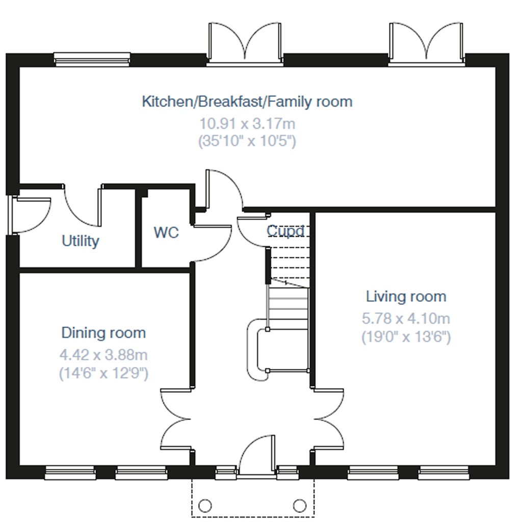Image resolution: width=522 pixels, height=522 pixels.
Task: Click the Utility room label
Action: (x=80, y=241)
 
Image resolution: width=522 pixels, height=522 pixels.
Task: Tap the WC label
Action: (x=166, y=232)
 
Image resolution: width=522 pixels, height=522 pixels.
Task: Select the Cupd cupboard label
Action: (x=285, y=231)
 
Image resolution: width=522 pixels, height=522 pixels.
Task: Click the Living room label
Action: (x=406, y=296)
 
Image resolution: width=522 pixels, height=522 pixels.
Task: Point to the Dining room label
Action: (x=103, y=332)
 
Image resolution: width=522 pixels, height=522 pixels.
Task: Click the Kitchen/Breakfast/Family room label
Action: (x=247, y=101)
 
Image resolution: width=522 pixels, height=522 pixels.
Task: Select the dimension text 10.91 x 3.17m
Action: (x=247, y=123)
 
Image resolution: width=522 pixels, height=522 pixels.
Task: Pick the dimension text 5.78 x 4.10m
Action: (x=406, y=319)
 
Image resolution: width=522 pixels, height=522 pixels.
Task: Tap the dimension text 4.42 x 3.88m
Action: (x=103, y=355)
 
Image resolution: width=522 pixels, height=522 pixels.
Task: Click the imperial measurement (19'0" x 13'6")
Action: (x=406, y=336)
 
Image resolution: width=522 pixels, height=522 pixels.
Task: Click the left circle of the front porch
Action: (x=205, y=506)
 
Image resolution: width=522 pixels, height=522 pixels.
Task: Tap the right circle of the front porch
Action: (x=300, y=506)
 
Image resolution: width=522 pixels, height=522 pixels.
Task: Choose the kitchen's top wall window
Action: (x=92, y=59)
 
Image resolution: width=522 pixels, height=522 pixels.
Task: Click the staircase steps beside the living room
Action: (x=289, y=309)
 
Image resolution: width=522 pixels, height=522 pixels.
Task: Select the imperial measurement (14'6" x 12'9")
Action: (x=103, y=373)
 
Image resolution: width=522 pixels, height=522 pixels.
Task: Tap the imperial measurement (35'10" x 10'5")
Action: (x=247, y=141)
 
